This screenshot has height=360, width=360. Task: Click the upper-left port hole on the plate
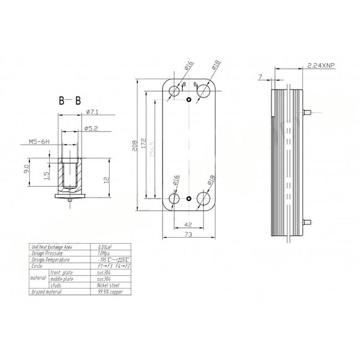(x=175, y=91)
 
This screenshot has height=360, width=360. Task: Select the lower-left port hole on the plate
(x=175, y=199)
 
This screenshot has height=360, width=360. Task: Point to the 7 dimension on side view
(x=260, y=77)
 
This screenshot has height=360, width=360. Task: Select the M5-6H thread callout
(x=39, y=142)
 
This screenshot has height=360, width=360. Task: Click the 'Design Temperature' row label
(x=54, y=259)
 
